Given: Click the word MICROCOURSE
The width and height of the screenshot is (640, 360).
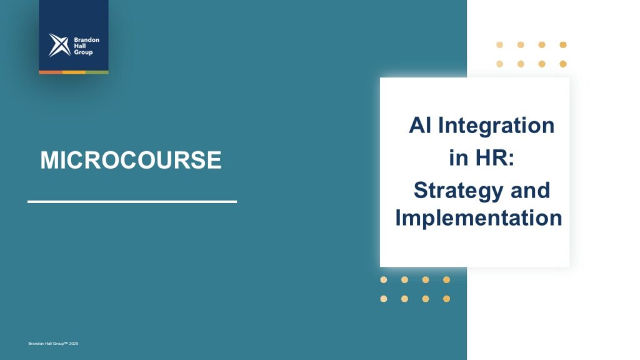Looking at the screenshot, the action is click(131, 159).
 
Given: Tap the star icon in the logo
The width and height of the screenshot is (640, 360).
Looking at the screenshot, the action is click(59, 45).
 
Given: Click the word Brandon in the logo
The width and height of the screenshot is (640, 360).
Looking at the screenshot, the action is click(86, 39).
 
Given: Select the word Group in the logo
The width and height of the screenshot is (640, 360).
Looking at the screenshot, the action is click(83, 52).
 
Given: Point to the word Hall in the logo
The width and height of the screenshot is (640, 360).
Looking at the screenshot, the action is click(79, 46).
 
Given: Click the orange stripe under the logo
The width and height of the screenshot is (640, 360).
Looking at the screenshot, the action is click(51, 72).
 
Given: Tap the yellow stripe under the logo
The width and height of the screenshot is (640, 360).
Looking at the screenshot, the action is click(74, 72).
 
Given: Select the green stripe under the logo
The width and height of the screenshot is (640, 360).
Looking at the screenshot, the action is click(97, 72).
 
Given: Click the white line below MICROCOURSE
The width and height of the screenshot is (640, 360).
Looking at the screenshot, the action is click(132, 202).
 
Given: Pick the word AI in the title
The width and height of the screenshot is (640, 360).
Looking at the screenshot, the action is click(420, 125).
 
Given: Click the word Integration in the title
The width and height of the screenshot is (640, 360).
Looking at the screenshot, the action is click(496, 126).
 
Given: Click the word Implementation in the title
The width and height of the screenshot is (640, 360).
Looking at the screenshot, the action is click(479, 217).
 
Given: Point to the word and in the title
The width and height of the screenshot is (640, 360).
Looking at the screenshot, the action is click(530, 190).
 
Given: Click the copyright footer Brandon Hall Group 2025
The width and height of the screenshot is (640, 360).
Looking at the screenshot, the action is click(53, 344).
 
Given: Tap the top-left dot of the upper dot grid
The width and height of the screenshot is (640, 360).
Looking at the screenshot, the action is click(499, 45).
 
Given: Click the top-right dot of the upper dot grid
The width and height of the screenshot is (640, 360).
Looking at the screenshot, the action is click(563, 45).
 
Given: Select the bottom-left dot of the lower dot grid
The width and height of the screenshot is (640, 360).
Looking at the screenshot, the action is click(384, 299).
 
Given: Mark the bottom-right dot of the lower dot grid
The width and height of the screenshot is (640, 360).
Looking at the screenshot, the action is click(446, 299).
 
